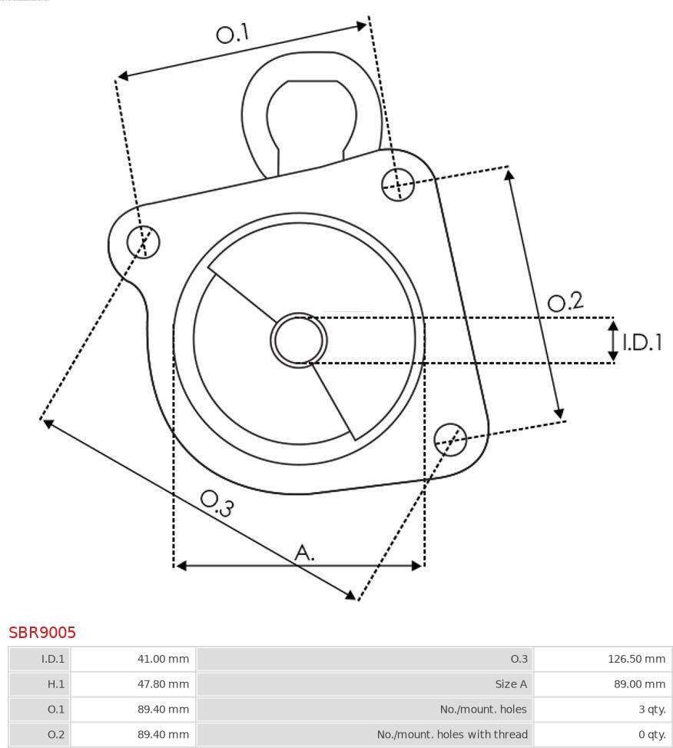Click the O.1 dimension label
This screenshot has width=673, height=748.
[233, 33]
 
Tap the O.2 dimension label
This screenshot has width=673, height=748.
[565, 301]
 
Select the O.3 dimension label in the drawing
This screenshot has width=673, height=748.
[217, 504]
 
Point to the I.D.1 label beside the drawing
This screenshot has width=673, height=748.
[642, 342]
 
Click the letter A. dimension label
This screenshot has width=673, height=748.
[304, 553]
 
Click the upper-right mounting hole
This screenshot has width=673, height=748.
[398, 185]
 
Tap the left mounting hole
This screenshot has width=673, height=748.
[143, 241]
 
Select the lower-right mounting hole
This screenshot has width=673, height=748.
[450, 440]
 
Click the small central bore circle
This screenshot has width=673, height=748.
[299, 341]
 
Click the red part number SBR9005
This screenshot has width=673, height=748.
[42, 633]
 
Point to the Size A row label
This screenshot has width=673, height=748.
[511, 684]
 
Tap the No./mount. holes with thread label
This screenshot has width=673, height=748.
[453, 735]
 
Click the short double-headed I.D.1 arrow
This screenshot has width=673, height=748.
[613, 341]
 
